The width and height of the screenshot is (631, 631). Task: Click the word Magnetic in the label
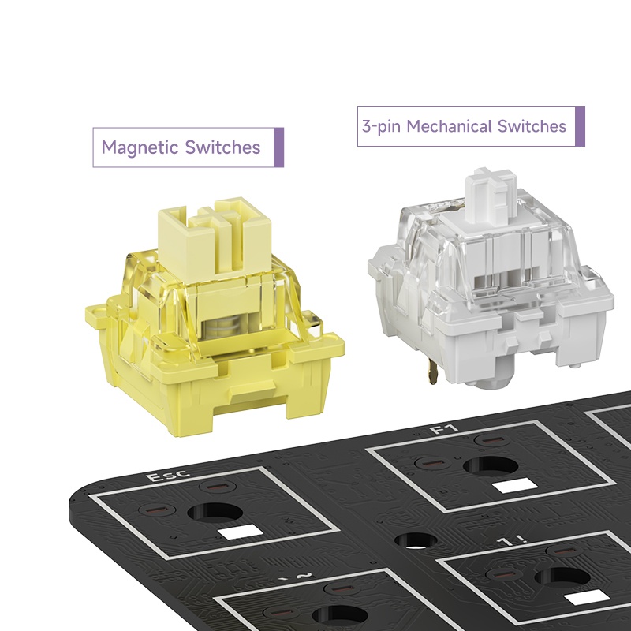[140, 148]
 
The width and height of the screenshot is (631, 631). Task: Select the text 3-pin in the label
[381, 127]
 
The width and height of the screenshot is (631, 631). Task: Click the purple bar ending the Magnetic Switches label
[278, 147]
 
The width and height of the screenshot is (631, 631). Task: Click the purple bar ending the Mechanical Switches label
[580, 126]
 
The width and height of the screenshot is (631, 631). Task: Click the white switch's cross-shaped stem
[490, 196]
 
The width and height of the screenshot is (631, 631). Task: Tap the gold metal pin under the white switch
[432, 371]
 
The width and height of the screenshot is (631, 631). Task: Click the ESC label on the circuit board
[168, 476]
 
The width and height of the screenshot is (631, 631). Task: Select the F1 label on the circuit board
[444, 429]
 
